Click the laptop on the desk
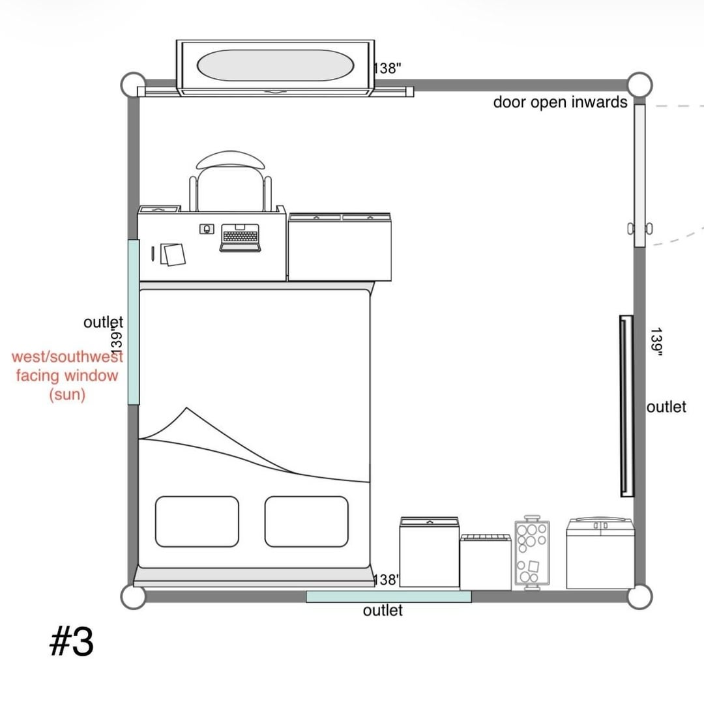point(240,237)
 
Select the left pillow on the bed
point(197,521)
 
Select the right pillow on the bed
point(306,521)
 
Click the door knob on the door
point(640,229)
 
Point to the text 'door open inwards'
point(560,102)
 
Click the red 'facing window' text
point(67,375)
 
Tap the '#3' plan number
point(72,641)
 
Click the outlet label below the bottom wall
point(383,610)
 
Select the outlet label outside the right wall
point(666,407)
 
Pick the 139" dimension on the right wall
point(656,342)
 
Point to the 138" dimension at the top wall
point(387,68)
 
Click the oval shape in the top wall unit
point(275,65)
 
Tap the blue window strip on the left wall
point(134,322)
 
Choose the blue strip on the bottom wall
point(389,596)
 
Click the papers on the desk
point(173,255)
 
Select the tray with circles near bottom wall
point(532,553)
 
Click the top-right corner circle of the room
point(640,84)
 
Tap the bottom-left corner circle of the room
point(134,596)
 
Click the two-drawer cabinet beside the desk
point(340,247)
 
